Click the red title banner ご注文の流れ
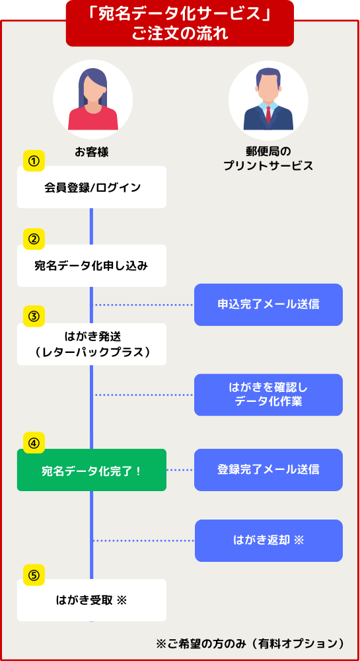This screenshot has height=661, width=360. [x=180, y=23]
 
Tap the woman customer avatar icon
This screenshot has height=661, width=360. [x=93, y=100]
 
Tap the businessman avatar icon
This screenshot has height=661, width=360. [x=268, y=100]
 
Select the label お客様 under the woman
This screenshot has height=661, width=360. [x=92, y=152]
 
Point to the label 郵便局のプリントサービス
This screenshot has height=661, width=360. [x=268, y=159]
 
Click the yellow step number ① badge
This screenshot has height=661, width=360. [x=34, y=161]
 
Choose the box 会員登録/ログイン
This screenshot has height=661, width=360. [x=92, y=187]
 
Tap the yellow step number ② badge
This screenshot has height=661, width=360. [x=34, y=239]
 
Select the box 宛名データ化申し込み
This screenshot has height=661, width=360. [x=92, y=266]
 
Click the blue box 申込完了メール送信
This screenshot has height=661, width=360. [x=268, y=304]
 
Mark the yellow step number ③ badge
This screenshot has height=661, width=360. [x=34, y=317]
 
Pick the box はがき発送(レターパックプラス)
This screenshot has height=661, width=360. [x=92, y=344]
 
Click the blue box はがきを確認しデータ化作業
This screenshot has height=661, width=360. [x=268, y=395]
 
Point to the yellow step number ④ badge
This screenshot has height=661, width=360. [x=34, y=443]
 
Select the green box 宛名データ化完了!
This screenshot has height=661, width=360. [x=92, y=469]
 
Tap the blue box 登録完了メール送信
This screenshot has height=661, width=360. [x=268, y=469]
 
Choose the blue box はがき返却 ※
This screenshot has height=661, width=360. [x=269, y=541]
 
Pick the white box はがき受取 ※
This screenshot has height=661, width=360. [x=92, y=600]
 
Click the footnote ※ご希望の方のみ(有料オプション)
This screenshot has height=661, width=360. [x=251, y=643]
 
